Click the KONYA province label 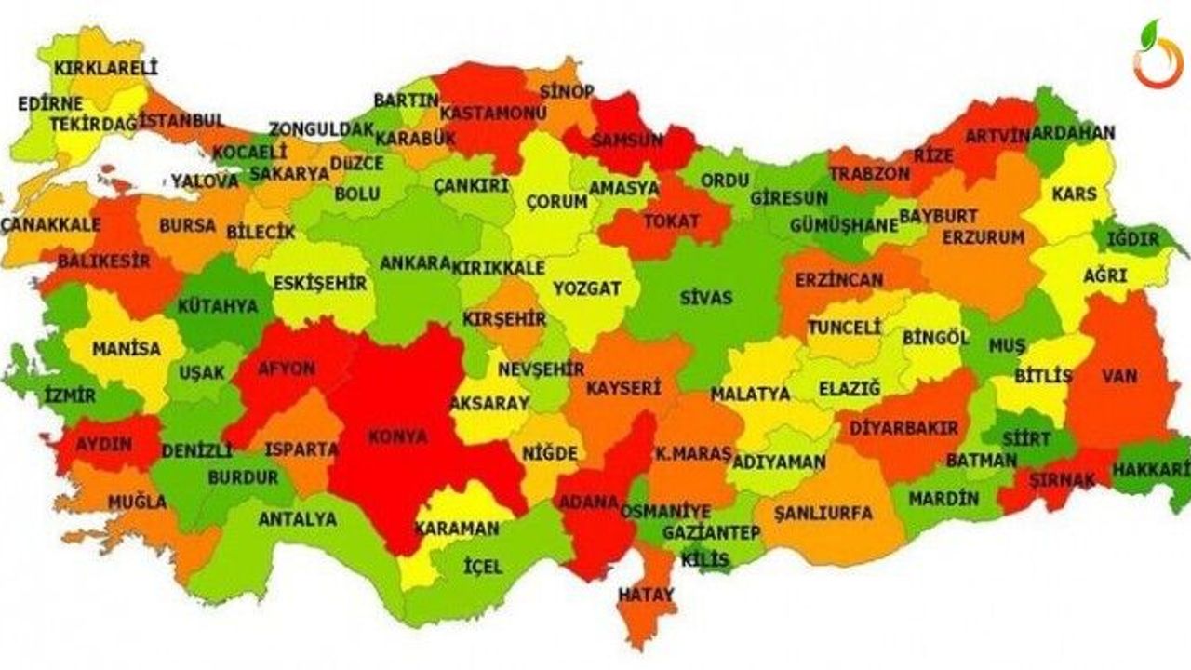(x=397, y=436)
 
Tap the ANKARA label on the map (x=415, y=263)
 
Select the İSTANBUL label (x=182, y=121)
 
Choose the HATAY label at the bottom (x=646, y=593)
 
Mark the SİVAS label (x=706, y=299)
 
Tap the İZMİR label (x=70, y=395)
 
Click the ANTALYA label (x=297, y=519)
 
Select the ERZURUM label (x=983, y=237)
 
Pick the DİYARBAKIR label (x=903, y=429)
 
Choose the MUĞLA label (x=137, y=502)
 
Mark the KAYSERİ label (x=622, y=387)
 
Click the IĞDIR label (x=1133, y=239)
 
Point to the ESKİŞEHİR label (x=319, y=284)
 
